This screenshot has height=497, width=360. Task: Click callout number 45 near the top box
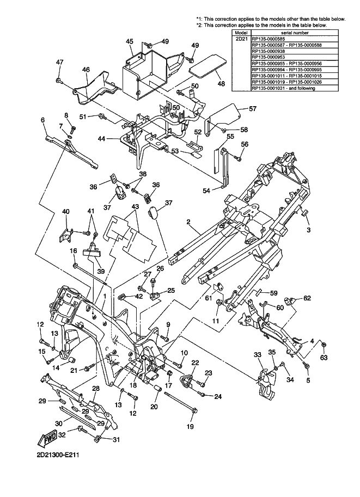[130, 41]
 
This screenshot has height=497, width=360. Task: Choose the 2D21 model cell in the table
[240, 39]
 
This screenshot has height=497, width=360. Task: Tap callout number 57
[252, 109]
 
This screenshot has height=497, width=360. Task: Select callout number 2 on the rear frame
[188, 222]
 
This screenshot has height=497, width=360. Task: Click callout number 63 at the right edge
[324, 358]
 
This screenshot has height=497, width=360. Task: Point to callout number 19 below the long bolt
[190, 426]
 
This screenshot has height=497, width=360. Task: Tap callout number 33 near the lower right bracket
[258, 354]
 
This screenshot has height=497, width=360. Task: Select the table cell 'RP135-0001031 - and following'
[283, 88]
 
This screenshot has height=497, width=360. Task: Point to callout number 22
[194, 363]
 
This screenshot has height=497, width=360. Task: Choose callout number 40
[65, 212]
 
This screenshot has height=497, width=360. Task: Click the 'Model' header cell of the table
[240, 33]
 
